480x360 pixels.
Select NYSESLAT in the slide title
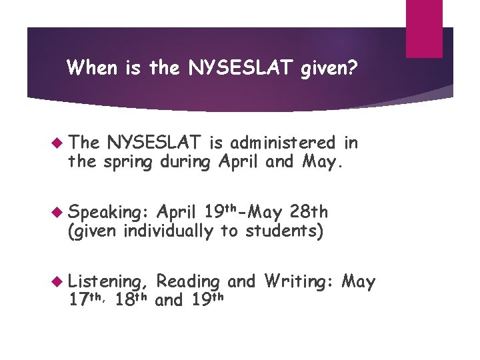pyautogui.click(x=227, y=67)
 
